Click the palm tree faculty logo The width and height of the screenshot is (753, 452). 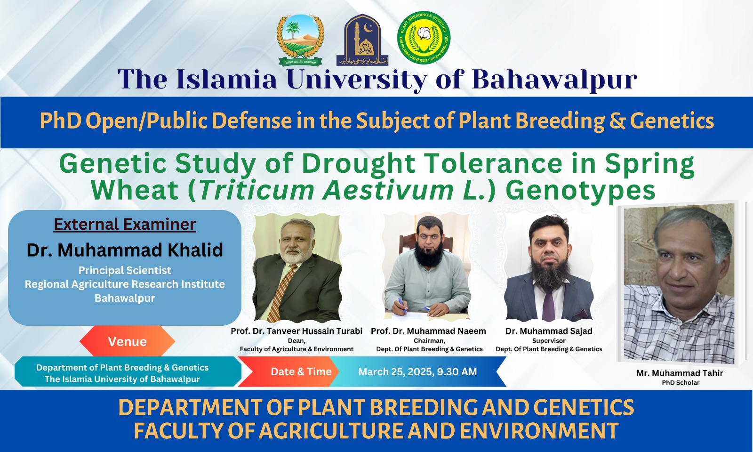pyautogui.click(x=300, y=40)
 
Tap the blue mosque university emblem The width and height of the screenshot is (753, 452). pyautogui.click(x=362, y=40)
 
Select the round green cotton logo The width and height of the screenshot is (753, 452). pyautogui.click(x=424, y=38)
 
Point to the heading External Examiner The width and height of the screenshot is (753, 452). pyautogui.click(x=125, y=224)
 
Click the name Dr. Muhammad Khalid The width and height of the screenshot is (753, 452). pyautogui.click(x=125, y=250)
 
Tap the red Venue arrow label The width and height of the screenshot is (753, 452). pyautogui.click(x=127, y=341)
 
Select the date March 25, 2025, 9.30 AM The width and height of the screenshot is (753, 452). pyautogui.click(x=417, y=372)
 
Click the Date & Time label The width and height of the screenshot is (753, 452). pyautogui.click(x=301, y=372)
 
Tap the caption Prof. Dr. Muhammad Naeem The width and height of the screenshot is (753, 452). pyautogui.click(x=428, y=331)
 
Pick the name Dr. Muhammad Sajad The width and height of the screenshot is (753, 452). pyautogui.click(x=549, y=331)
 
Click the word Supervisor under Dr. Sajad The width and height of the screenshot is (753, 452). pyautogui.click(x=549, y=340)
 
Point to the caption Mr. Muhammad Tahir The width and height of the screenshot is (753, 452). pyautogui.click(x=680, y=373)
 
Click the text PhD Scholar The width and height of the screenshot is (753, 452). pyautogui.click(x=681, y=383)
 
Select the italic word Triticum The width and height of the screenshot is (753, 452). pyautogui.click(x=256, y=190)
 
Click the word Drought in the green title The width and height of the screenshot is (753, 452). pyautogui.click(x=358, y=164)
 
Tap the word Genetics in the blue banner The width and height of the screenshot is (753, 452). pyautogui.click(x=672, y=121)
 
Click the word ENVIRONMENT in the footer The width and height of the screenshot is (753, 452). pyautogui.click(x=539, y=431)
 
